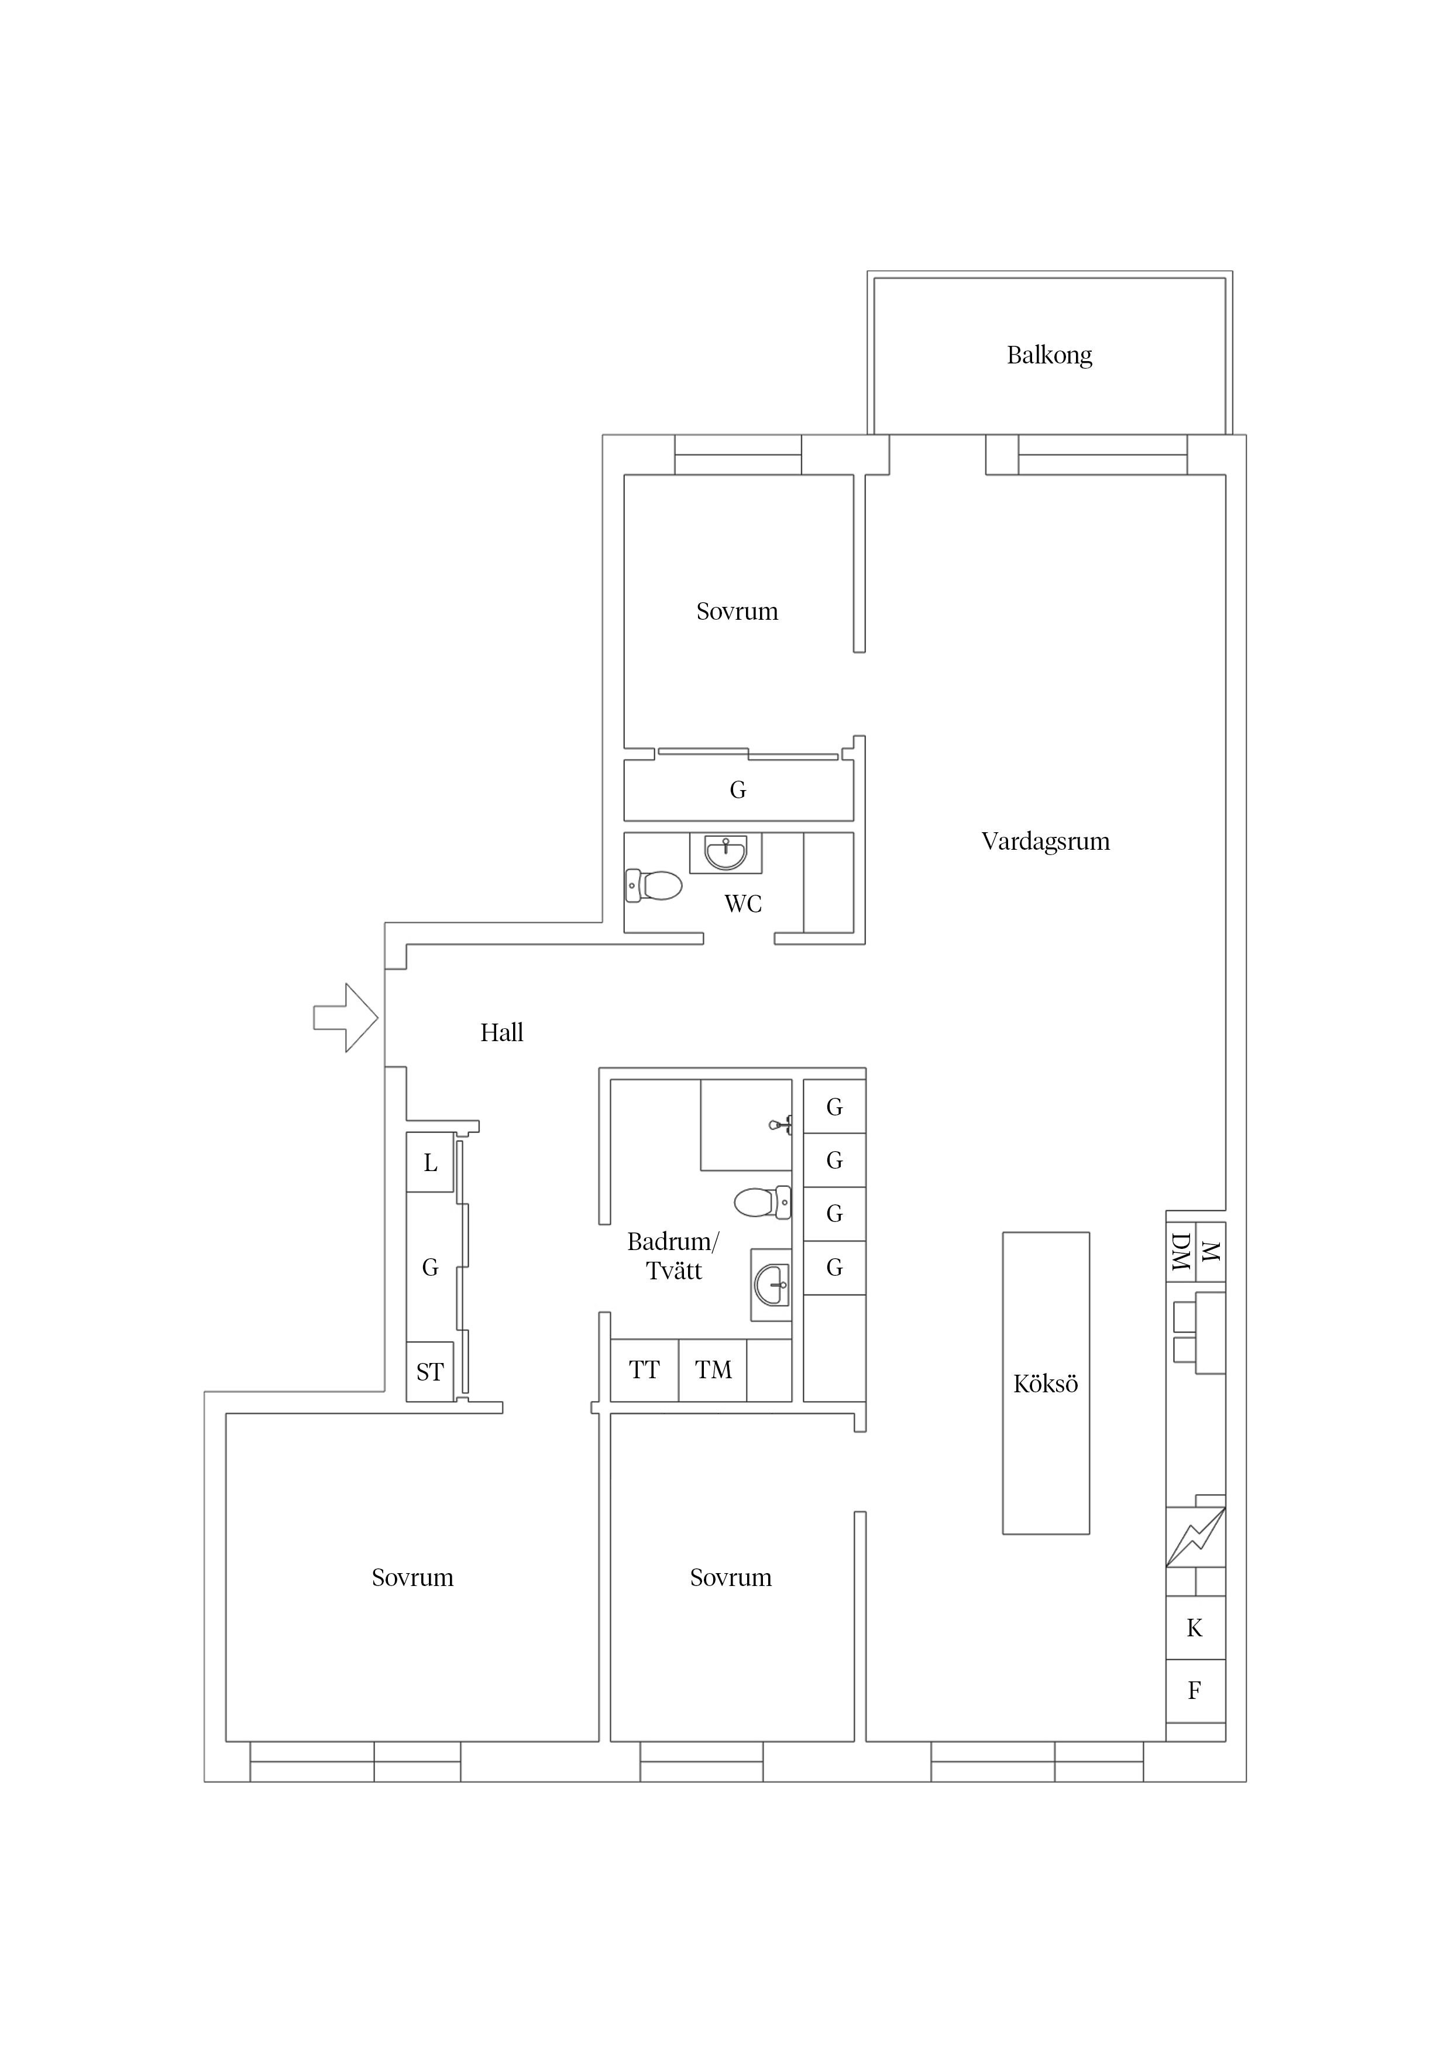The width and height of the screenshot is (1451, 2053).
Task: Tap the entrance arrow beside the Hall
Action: coord(345,1018)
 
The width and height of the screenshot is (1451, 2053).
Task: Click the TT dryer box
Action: coord(645,1370)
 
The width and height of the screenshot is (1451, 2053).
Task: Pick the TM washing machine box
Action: coord(713,1370)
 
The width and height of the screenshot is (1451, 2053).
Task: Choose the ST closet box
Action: coord(430,1372)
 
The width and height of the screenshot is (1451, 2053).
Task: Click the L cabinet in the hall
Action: coord(430,1162)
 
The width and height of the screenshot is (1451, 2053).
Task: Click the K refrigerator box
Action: coord(1195,1628)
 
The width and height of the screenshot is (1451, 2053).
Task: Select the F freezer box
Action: coord(1195,1691)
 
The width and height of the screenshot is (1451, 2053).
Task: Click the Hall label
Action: coord(501,1033)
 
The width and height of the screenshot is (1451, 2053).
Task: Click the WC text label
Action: coord(743,904)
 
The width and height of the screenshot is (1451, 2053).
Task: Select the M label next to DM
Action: coord(1211,1252)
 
